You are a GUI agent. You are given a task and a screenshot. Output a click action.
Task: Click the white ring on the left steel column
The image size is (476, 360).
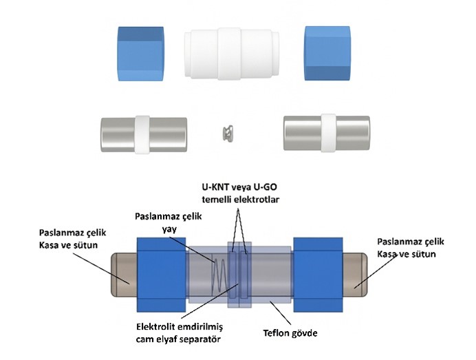[x=143, y=133]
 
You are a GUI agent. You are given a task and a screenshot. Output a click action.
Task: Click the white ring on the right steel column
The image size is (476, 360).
[x=329, y=132]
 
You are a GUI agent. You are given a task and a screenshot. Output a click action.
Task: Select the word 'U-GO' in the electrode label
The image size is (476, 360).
[x=267, y=187]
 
